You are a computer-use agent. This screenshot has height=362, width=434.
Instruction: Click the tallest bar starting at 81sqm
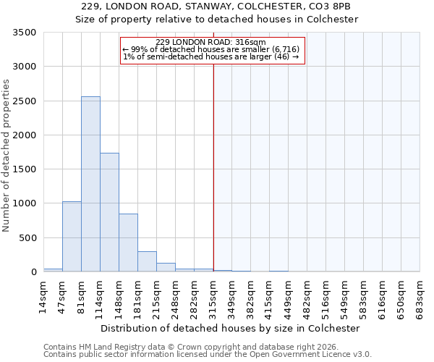coord(90,184)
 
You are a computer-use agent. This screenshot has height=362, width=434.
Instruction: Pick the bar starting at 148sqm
coord(128,243)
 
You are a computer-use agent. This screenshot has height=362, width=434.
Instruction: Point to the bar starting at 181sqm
coord(147,261)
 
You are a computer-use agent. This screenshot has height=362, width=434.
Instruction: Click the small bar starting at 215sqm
coord(166,267)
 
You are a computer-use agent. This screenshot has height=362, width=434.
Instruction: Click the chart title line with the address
coord(217,7)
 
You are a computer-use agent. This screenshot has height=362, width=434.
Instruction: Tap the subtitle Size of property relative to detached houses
coord(217,20)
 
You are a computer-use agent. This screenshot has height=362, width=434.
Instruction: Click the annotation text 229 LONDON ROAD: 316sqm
coord(210,43)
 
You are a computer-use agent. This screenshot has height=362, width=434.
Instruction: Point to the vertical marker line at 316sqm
coord(213,159)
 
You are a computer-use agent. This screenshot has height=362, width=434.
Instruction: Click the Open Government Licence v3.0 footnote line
coord(208,355)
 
